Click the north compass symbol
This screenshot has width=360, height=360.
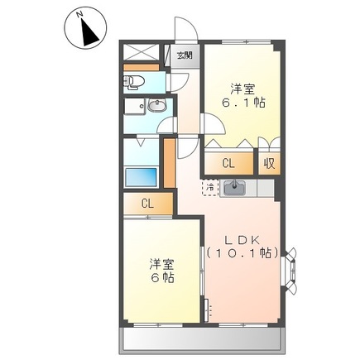point(85,31)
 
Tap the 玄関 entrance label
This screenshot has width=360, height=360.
point(183,55)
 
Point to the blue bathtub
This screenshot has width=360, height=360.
point(140,176)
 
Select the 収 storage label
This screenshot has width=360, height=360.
point(269,163)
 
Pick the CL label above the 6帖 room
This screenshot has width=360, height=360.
point(147,204)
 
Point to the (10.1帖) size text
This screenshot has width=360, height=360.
point(241,252)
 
